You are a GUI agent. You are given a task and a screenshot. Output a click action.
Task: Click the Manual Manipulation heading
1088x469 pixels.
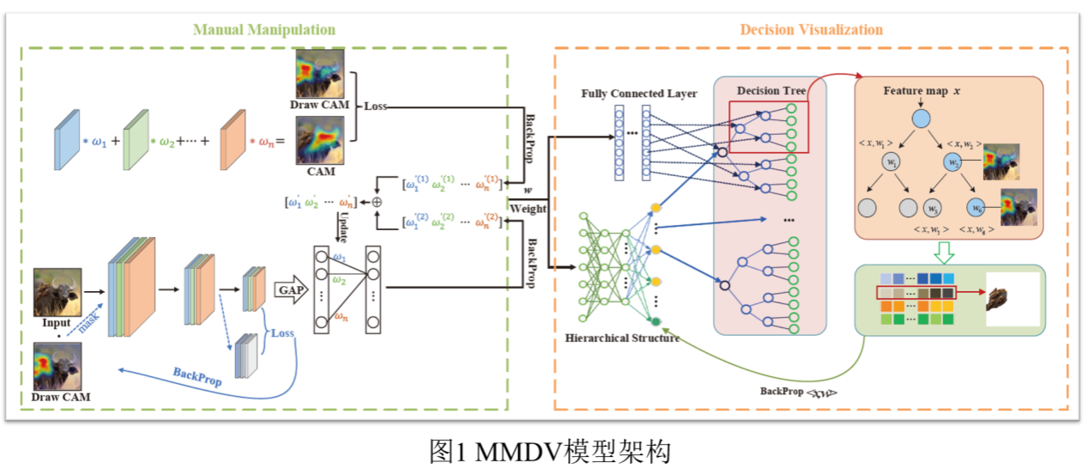pyautogui.click(x=263, y=30)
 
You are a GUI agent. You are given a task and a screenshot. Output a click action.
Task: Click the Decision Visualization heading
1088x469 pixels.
pyautogui.click(x=811, y=30)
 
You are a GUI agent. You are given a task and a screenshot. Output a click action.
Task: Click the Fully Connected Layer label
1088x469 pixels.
pyautogui.click(x=639, y=93)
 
